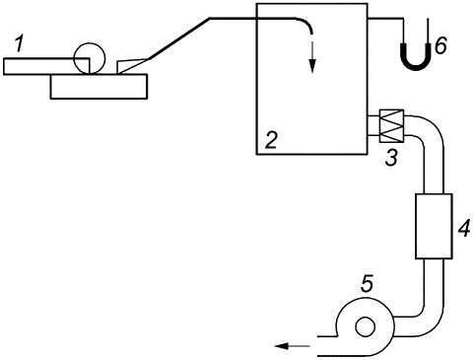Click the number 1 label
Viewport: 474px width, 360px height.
pos(20,44)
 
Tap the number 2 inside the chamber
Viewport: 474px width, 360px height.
pos(272,141)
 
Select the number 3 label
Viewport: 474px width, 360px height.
pos(391,157)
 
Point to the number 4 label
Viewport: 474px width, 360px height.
pos(464,229)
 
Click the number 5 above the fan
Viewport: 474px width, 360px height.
pos(368,284)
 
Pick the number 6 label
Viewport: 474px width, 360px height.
pos(440,46)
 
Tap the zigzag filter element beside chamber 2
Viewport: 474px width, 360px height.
pos(391,126)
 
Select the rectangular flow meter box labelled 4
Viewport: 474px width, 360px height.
pos(434,226)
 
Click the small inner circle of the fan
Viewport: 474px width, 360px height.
pos(365,326)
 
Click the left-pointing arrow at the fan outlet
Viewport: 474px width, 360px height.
pos(292,346)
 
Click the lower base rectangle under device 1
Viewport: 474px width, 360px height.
pos(99,87)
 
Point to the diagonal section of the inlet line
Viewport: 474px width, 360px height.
pos(179,38)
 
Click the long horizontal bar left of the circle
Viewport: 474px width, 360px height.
pos(46,66)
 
